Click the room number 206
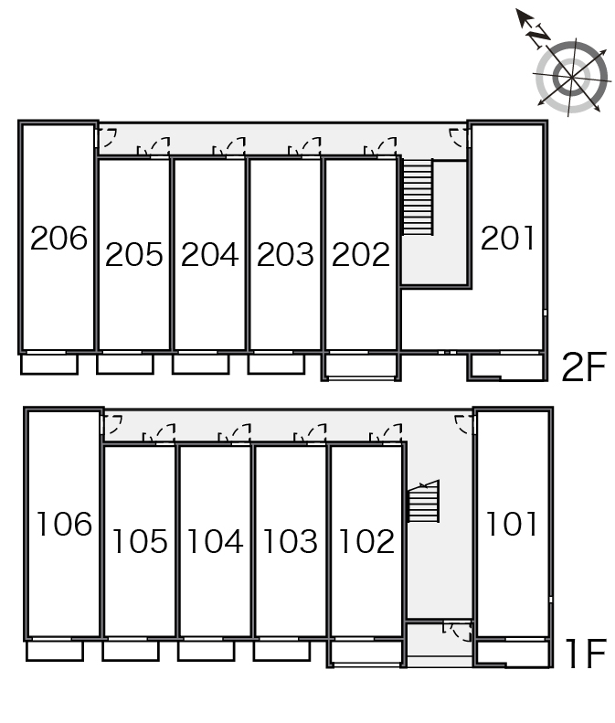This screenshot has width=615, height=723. coord(58,238)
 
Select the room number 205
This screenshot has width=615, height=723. coord(134,254)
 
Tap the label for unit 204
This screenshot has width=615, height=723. coord(210,254)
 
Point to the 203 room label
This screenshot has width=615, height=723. coord(285,254)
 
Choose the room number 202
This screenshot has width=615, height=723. coord(361,254)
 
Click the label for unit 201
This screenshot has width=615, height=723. coord(507,238)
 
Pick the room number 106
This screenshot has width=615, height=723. coord(64,525)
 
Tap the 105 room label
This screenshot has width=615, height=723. coord(140,541)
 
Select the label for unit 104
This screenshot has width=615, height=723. coord(216,541)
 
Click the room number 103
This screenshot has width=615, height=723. coord(291,541)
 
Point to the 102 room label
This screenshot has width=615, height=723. coord(366,541)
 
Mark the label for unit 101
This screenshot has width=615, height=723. coord(512,525)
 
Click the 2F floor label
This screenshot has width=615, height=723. coord(584,367)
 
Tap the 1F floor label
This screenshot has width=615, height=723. coord(586,654)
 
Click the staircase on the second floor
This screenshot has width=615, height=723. coord(418,197)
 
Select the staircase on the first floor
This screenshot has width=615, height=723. coord(424,501)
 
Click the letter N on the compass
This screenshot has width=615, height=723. coord(539,36)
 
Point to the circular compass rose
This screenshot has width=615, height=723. coord(572,77)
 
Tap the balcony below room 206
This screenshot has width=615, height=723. coord(49,364)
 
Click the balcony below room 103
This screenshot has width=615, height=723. coord(281,651)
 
